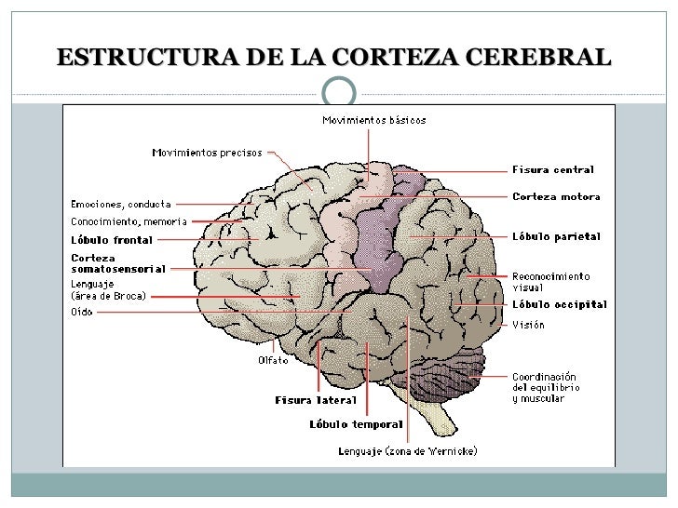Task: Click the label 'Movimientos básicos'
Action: (x=373, y=119)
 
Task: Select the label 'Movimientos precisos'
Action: (x=207, y=153)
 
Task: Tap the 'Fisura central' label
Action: (x=553, y=169)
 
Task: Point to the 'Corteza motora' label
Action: (x=556, y=196)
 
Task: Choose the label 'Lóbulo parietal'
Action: (x=556, y=236)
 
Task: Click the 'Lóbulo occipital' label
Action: (x=559, y=304)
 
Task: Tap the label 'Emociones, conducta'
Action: (x=122, y=203)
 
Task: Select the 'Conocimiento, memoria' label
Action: (x=129, y=221)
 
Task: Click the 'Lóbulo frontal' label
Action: (x=111, y=239)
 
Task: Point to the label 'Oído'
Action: (x=81, y=312)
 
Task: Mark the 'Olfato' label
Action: (x=273, y=360)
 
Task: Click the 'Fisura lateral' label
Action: (x=315, y=400)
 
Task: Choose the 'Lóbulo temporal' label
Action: (x=356, y=424)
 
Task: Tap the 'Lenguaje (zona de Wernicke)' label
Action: (x=407, y=451)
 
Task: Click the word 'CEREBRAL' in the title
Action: (x=544, y=58)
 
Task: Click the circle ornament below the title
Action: (x=339, y=91)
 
